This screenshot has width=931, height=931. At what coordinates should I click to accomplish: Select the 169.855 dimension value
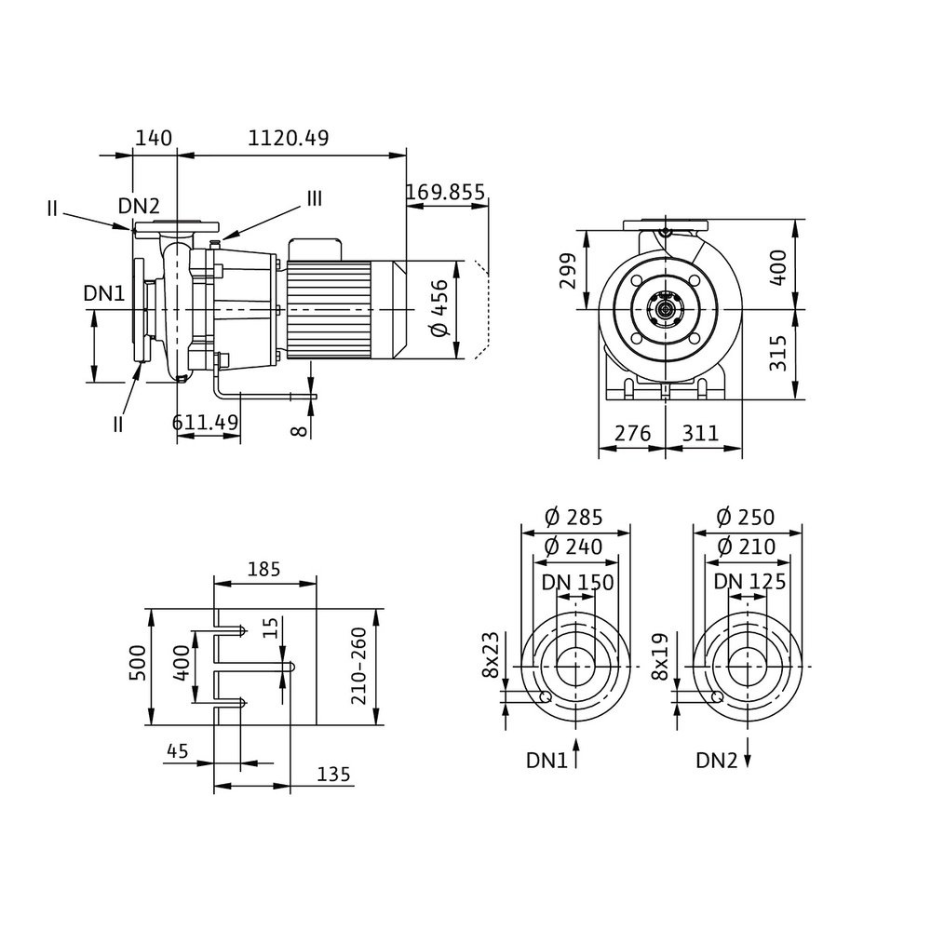(445, 193)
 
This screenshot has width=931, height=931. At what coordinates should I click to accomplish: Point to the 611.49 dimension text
(206, 421)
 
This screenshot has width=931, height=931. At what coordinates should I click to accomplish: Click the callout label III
(315, 198)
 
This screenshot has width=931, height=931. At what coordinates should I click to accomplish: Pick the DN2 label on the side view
(139, 206)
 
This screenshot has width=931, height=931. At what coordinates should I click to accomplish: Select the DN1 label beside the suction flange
(103, 293)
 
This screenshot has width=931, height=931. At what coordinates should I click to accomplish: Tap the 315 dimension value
(779, 354)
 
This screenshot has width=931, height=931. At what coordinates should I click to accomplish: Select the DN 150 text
(577, 583)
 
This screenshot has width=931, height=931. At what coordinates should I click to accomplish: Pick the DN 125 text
(749, 583)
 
